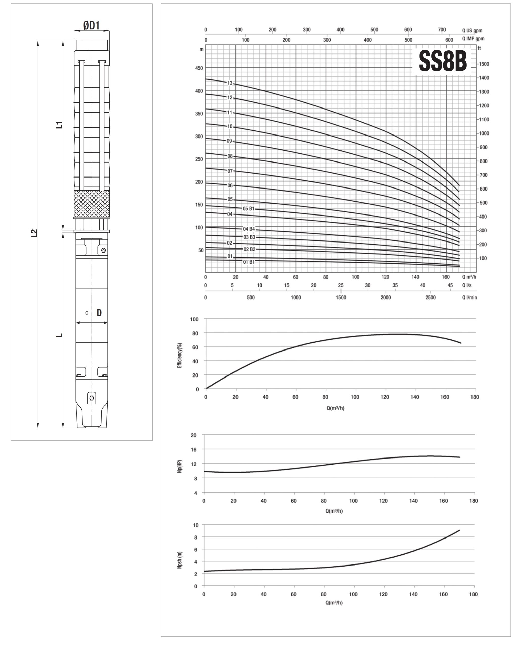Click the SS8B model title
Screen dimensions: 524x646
(442, 61)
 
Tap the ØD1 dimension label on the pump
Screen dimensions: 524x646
(91, 26)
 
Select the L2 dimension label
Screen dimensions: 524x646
(34, 233)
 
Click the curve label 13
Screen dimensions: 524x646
(230, 83)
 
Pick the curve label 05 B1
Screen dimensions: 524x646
(249, 209)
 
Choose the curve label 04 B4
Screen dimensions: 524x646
(249, 229)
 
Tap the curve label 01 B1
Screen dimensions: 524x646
(249, 262)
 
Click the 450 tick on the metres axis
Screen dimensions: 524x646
(199, 68)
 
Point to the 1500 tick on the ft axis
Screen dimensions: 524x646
(484, 64)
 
